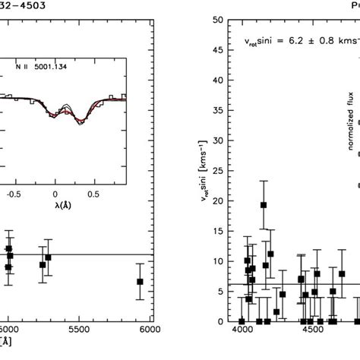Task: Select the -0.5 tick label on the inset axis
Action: click(x=11, y=172)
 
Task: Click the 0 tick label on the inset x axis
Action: click(x=55, y=172)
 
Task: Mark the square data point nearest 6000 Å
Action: click(x=140, y=282)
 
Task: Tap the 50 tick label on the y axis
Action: click(x=218, y=21)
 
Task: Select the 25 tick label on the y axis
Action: click(x=218, y=171)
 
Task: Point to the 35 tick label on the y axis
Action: click(x=218, y=111)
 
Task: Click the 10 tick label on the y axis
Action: click(x=218, y=261)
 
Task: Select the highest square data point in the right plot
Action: click(x=264, y=205)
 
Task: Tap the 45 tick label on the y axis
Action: click(x=218, y=51)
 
